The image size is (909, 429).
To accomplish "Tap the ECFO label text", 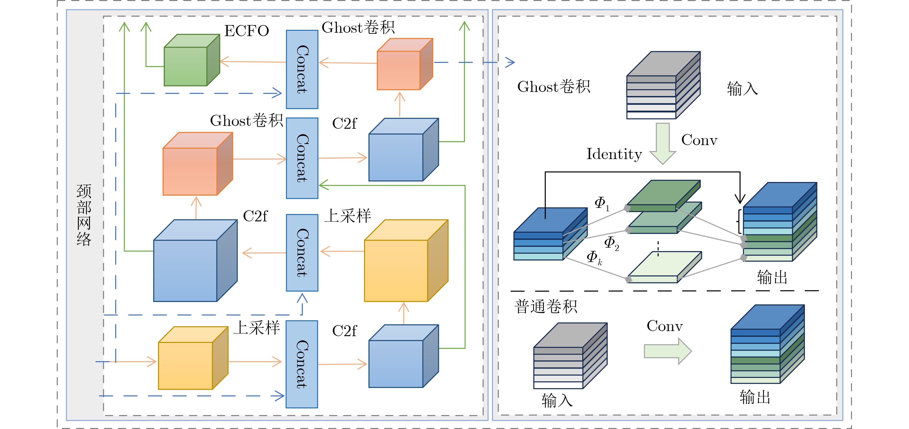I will click(247, 31).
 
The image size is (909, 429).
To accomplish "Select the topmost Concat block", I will click(302, 69).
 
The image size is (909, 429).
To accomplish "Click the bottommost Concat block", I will click(302, 364).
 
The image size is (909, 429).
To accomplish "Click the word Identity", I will click(614, 154).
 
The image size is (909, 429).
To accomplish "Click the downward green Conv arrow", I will click(663, 143).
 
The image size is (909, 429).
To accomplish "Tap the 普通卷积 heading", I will click(546, 307).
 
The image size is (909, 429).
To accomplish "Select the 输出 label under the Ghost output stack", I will click(772, 277).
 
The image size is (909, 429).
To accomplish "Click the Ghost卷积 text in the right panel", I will click(554, 87).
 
